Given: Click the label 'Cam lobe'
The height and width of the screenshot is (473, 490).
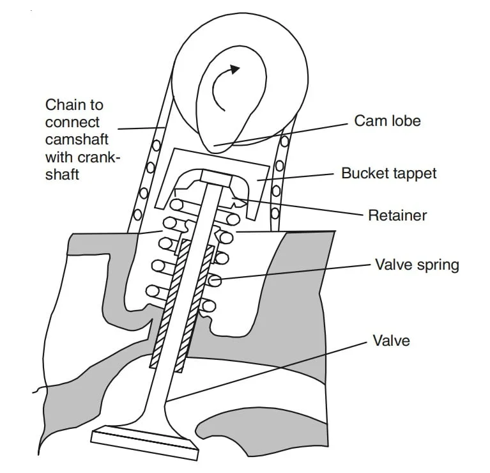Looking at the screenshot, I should [387, 121].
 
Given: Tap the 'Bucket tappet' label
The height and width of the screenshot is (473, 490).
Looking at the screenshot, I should [388, 173].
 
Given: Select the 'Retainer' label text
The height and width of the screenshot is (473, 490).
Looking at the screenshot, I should [397, 215].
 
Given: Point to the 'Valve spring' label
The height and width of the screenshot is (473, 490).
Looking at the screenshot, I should [417, 265].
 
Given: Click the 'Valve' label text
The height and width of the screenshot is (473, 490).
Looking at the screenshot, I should [391, 339].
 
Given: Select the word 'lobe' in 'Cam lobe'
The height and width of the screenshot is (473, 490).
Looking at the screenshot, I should [406, 121].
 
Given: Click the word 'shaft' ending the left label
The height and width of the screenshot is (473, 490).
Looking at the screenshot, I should [63, 173].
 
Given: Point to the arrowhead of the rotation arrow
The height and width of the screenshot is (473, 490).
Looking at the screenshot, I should [236, 69].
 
